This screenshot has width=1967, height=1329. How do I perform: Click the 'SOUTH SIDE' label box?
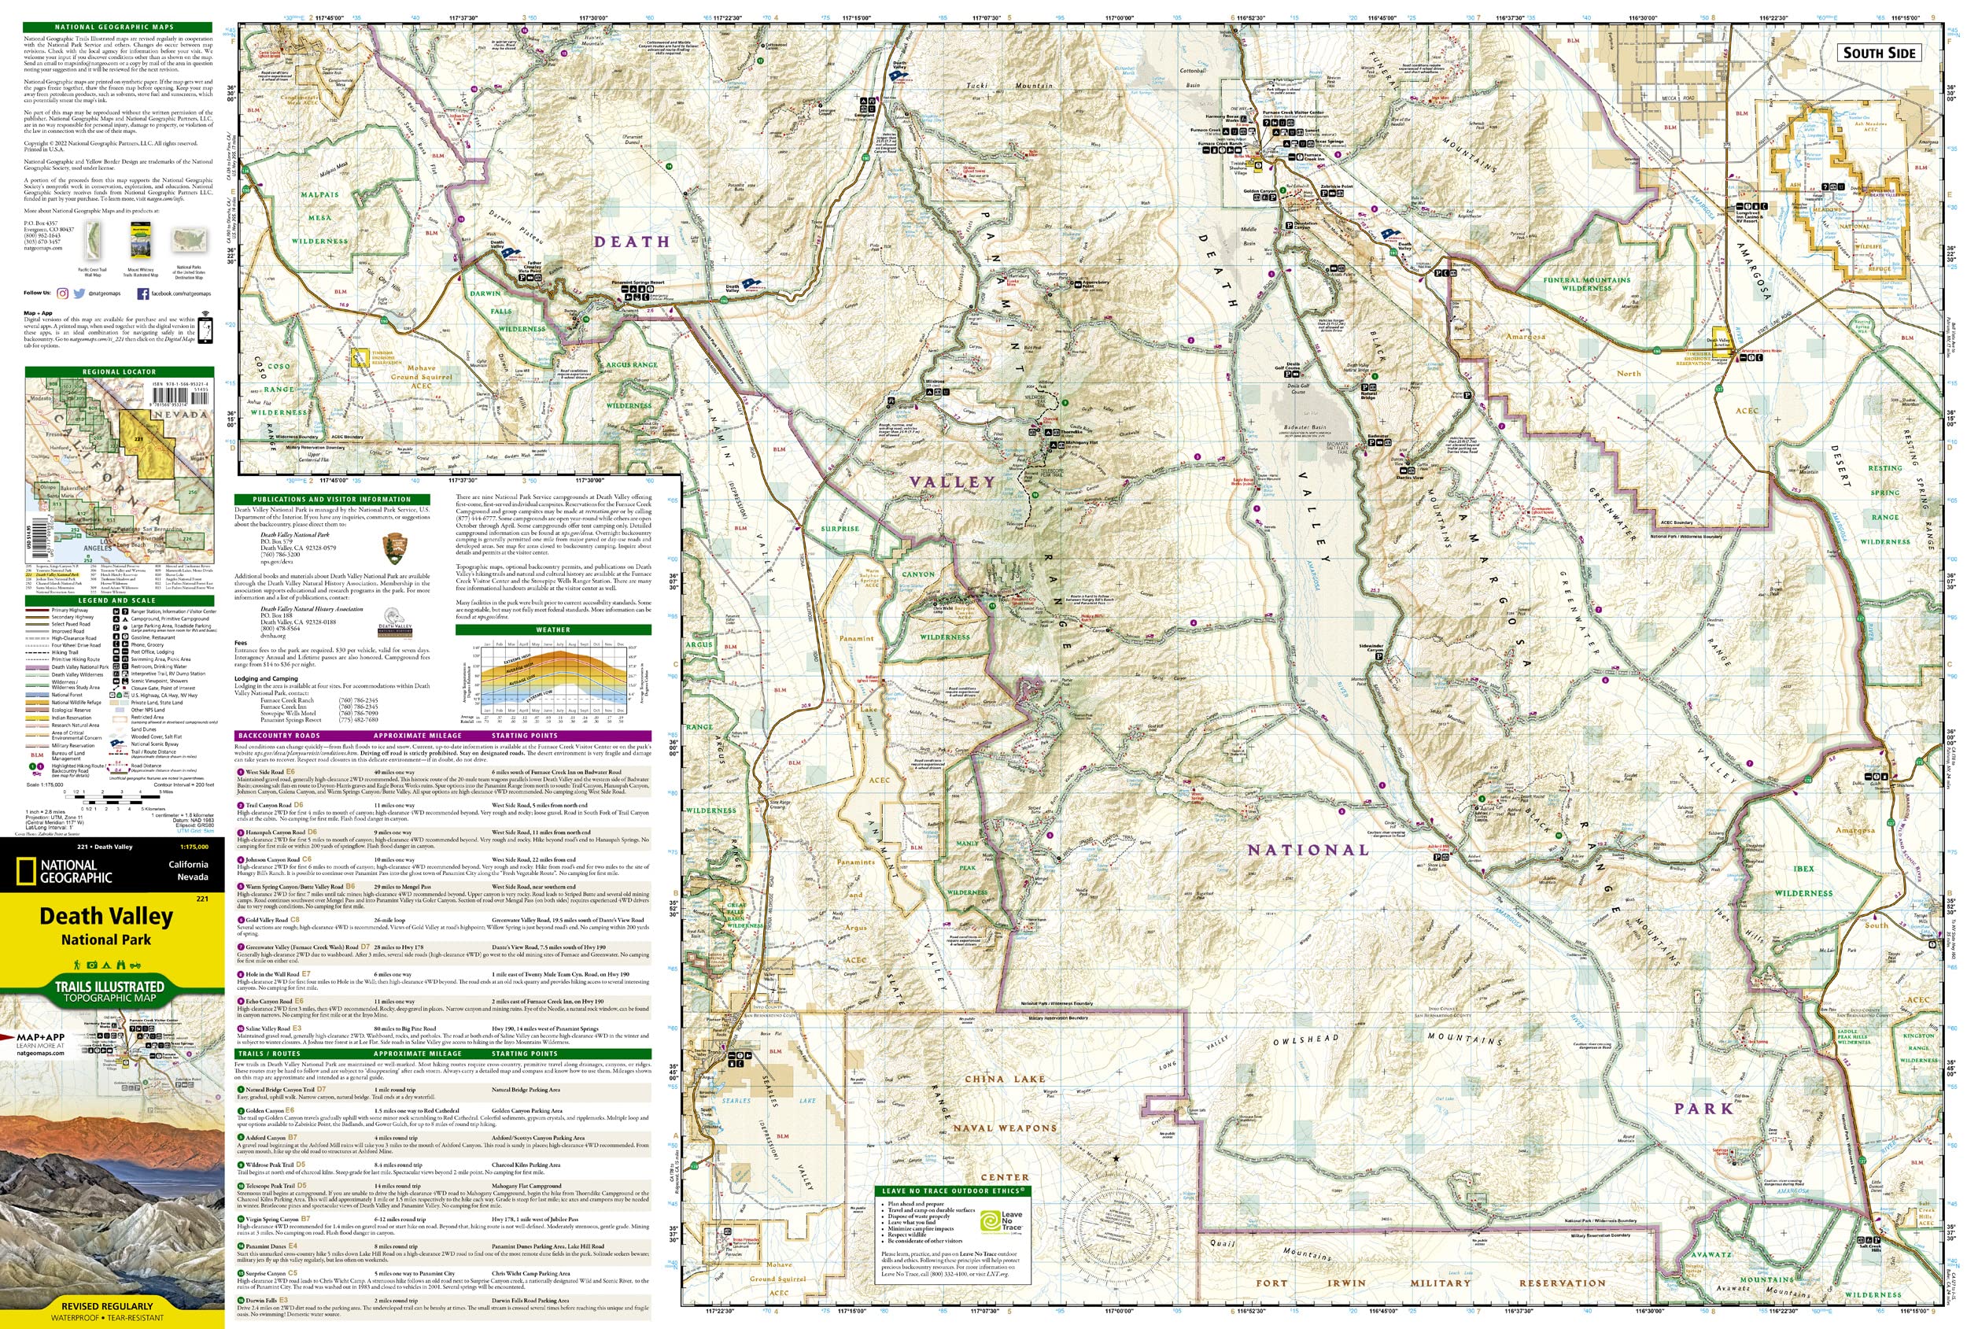[1878, 53]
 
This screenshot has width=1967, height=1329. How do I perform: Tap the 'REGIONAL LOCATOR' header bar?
[119, 371]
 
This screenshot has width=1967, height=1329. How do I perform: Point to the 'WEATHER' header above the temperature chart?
[552, 629]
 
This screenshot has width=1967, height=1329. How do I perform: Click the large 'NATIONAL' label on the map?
[1308, 850]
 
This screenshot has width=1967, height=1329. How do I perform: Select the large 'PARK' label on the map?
[1703, 1108]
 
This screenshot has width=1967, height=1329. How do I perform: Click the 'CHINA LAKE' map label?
[1005, 1080]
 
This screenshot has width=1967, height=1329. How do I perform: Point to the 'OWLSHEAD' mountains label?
[1306, 1039]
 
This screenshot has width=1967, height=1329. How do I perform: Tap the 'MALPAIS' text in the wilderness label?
[319, 194]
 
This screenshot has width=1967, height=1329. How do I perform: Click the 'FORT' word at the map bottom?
[1271, 1283]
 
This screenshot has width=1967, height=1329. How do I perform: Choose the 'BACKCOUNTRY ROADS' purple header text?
[279, 736]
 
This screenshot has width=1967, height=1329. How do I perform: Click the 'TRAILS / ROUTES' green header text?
[269, 1054]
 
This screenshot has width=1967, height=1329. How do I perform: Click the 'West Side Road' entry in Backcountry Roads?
[264, 772]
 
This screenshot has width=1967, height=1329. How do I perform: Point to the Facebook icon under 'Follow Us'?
[142, 293]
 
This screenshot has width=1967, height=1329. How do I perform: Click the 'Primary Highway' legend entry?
[69, 611]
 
